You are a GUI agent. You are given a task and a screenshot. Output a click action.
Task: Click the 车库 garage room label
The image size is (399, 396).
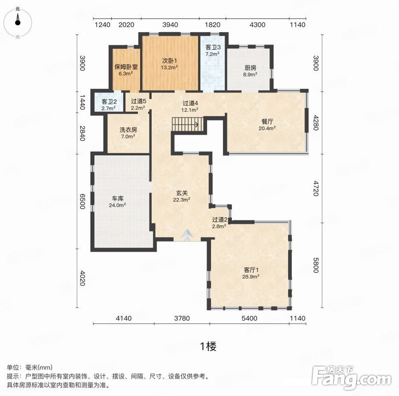click(x=118, y=198)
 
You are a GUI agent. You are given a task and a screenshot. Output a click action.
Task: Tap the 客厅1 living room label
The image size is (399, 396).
click(x=251, y=270)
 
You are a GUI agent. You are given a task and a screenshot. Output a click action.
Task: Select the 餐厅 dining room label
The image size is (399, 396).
click(x=267, y=122)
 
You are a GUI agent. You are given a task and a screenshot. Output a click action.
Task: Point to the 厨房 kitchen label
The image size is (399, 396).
click(x=250, y=68)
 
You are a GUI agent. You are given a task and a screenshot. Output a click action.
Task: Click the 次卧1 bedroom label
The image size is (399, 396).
click(x=169, y=61)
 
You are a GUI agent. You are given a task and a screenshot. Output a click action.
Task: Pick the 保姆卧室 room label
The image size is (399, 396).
click(x=126, y=67)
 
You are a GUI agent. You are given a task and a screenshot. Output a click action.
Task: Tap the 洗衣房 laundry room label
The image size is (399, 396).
click(x=128, y=130)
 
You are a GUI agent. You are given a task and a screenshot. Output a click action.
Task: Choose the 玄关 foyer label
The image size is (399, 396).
click(x=182, y=193)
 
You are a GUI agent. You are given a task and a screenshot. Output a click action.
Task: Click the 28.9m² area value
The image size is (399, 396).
click(x=251, y=277)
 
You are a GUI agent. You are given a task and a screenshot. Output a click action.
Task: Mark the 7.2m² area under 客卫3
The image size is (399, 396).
click(x=213, y=54)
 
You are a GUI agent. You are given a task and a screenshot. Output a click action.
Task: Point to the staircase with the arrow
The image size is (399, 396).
click(x=187, y=124)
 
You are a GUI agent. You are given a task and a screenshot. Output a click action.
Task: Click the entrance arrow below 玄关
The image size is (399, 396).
click(x=187, y=235)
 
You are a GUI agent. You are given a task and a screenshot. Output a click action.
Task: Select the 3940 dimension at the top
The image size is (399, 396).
click(x=170, y=25)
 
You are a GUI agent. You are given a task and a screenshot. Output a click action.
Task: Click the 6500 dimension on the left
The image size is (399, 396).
click(x=82, y=201)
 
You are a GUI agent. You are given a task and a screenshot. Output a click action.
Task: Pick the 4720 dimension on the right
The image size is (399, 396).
click(x=316, y=188)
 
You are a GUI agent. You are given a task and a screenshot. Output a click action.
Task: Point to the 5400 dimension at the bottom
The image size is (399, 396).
click(x=250, y=318)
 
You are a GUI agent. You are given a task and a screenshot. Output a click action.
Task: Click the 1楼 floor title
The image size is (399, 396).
click(x=209, y=346)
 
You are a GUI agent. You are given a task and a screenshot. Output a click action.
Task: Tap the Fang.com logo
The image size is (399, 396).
click(x=351, y=378)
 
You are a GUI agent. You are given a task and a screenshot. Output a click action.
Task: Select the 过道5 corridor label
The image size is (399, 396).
click(x=138, y=101)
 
